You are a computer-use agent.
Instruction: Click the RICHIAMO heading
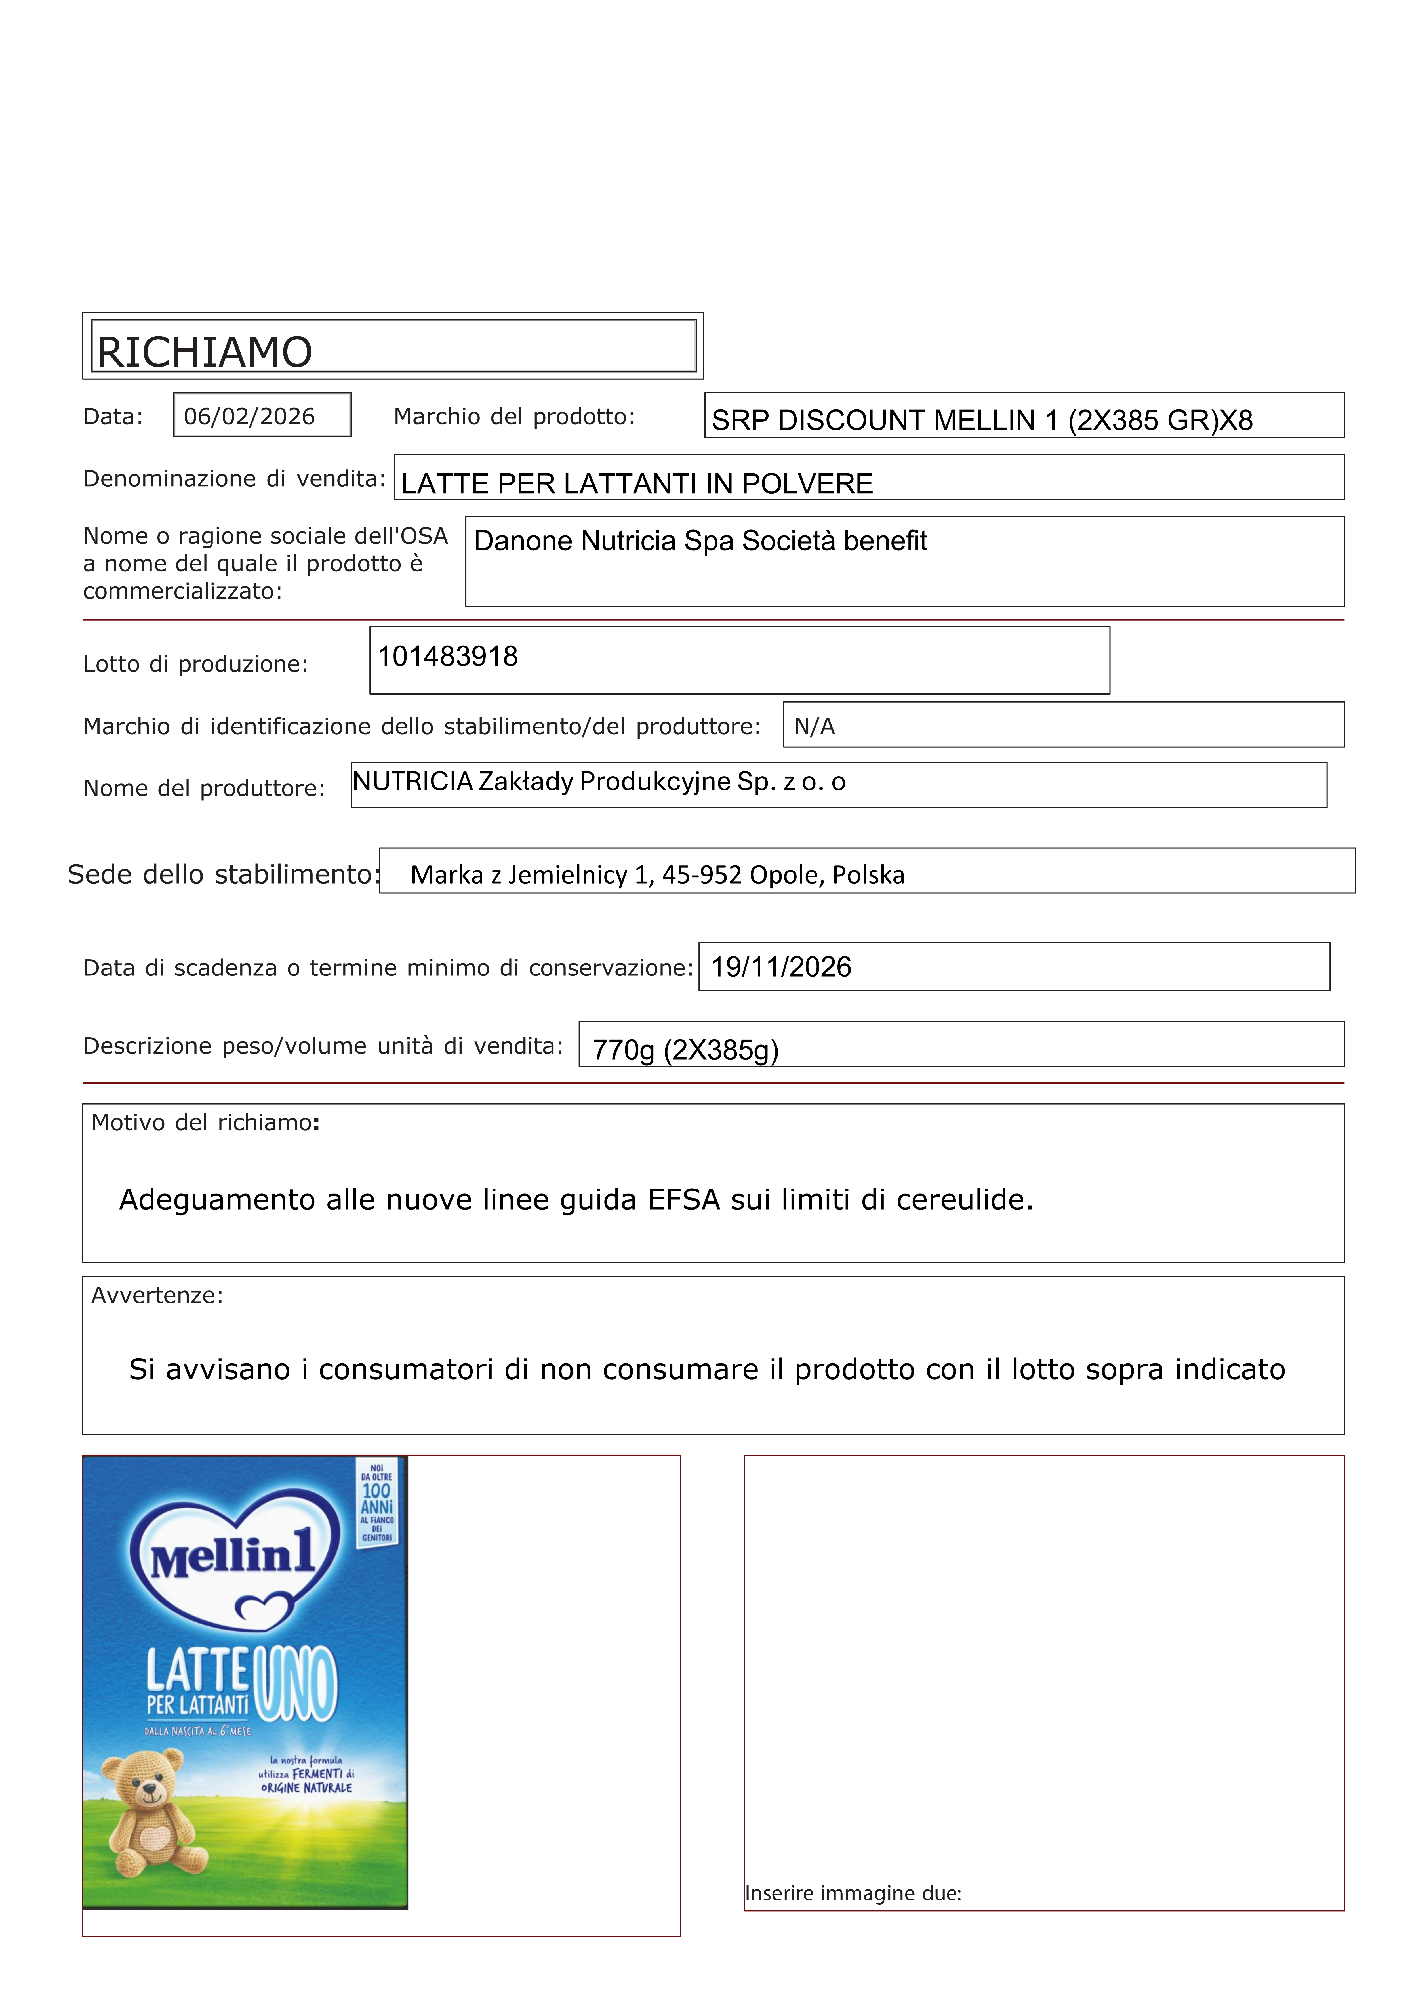205,352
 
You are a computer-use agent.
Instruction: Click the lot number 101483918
447,657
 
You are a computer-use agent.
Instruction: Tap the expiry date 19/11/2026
781,967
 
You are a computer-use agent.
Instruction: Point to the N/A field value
814,727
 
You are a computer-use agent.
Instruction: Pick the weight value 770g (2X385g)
685,1050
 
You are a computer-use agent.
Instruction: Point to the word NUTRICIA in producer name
413,782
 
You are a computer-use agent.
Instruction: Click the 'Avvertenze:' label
157,1296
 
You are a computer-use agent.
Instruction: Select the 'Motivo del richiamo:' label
205,1123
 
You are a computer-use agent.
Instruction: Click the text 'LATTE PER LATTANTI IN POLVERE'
637,484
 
